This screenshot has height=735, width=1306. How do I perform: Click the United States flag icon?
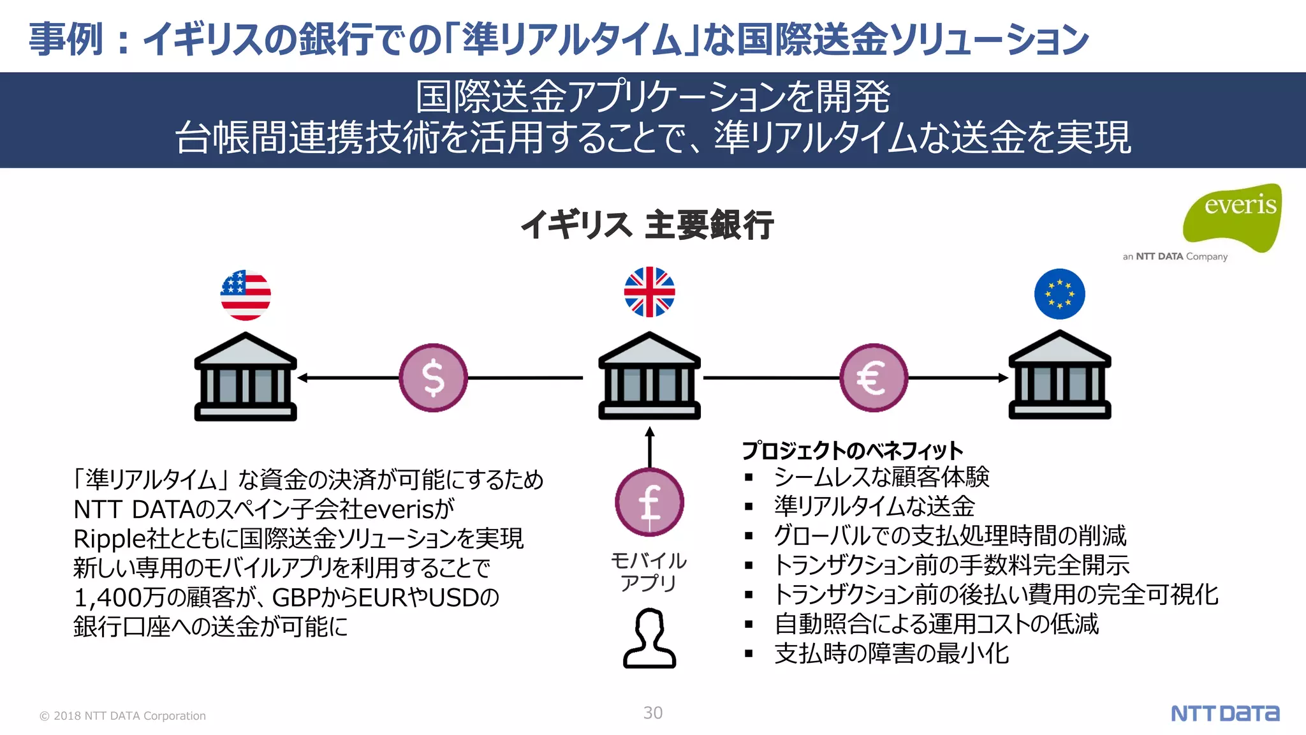click(x=246, y=295)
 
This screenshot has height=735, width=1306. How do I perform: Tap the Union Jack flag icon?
click(x=649, y=292)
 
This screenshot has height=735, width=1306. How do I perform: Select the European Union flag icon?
click(x=1059, y=294)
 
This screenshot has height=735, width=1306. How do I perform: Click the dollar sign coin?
click(x=434, y=378)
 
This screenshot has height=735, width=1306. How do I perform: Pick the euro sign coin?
click(x=873, y=378)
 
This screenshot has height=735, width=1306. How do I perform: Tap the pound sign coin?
click(x=649, y=502)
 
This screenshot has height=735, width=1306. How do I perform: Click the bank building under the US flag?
click(x=246, y=377)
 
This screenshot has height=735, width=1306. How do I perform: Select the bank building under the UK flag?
click(x=649, y=376)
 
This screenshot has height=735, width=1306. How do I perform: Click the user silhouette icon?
click(x=649, y=638)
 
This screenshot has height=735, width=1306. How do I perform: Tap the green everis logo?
click(x=1233, y=217)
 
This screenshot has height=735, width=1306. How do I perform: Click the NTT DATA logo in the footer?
click(x=1224, y=713)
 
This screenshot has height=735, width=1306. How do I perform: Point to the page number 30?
click(x=652, y=713)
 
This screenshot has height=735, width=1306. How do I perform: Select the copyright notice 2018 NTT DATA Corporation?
click(x=123, y=716)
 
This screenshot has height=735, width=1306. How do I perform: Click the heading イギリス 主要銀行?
click(x=647, y=225)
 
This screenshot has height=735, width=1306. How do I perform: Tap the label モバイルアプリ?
click(x=649, y=572)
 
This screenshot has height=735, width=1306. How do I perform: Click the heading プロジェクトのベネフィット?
click(x=852, y=450)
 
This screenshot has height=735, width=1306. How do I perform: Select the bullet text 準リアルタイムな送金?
click(x=874, y=506)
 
